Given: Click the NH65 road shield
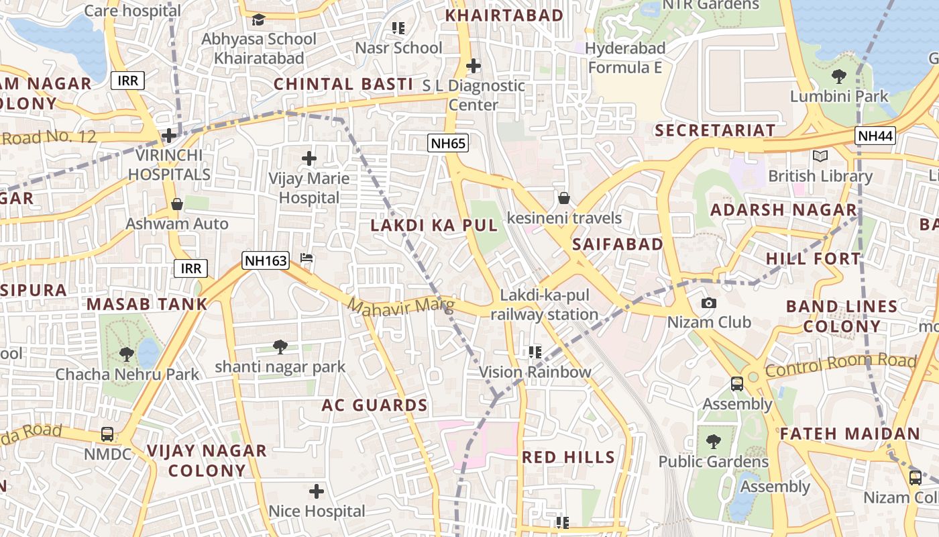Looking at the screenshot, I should coord(448,142).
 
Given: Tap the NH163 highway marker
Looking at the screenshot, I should coord(265,260).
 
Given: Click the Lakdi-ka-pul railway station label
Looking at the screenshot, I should coord(544,305).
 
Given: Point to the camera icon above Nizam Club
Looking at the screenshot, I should coord(708,303).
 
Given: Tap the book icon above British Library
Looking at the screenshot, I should coord(820,156).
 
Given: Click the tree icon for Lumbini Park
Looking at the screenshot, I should coord(838,76).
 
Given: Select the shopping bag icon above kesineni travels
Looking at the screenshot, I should coord(564,198).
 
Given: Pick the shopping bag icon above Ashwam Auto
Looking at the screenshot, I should coord(177,204).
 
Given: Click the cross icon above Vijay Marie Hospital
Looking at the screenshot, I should coord(309,158).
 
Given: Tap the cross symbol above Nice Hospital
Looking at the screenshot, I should coord(317,491).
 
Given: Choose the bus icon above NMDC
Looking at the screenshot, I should coord(107,434).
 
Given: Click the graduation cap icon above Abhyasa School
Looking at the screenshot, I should coord(258,19).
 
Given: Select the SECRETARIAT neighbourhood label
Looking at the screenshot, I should coord(715,130).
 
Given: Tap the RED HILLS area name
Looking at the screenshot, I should coord(568,457).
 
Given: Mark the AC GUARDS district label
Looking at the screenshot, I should coord(374,405).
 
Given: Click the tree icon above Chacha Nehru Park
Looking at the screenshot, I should coord(126,354).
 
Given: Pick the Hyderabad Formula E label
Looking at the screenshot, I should coord(625,58).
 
